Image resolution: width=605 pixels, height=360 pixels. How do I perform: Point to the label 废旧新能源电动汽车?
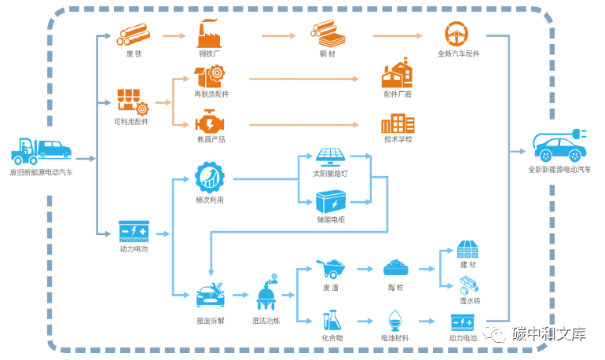(42, 171)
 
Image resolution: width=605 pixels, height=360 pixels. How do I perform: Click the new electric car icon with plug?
(559, 145)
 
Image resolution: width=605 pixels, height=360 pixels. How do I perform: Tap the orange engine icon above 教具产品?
(209, 124)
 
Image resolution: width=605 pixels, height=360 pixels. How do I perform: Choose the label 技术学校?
(398, 139)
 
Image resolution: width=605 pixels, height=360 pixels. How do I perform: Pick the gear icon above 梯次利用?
(210, 177)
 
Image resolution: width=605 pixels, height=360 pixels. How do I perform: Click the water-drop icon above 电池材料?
(394, 321)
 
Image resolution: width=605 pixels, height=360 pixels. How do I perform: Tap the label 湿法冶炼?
(266, 321)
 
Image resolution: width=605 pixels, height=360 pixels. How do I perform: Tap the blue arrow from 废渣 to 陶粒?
(364, 269)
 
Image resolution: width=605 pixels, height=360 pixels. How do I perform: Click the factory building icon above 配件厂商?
(397, 75)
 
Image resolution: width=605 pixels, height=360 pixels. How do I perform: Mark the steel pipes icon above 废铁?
(134, 35)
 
